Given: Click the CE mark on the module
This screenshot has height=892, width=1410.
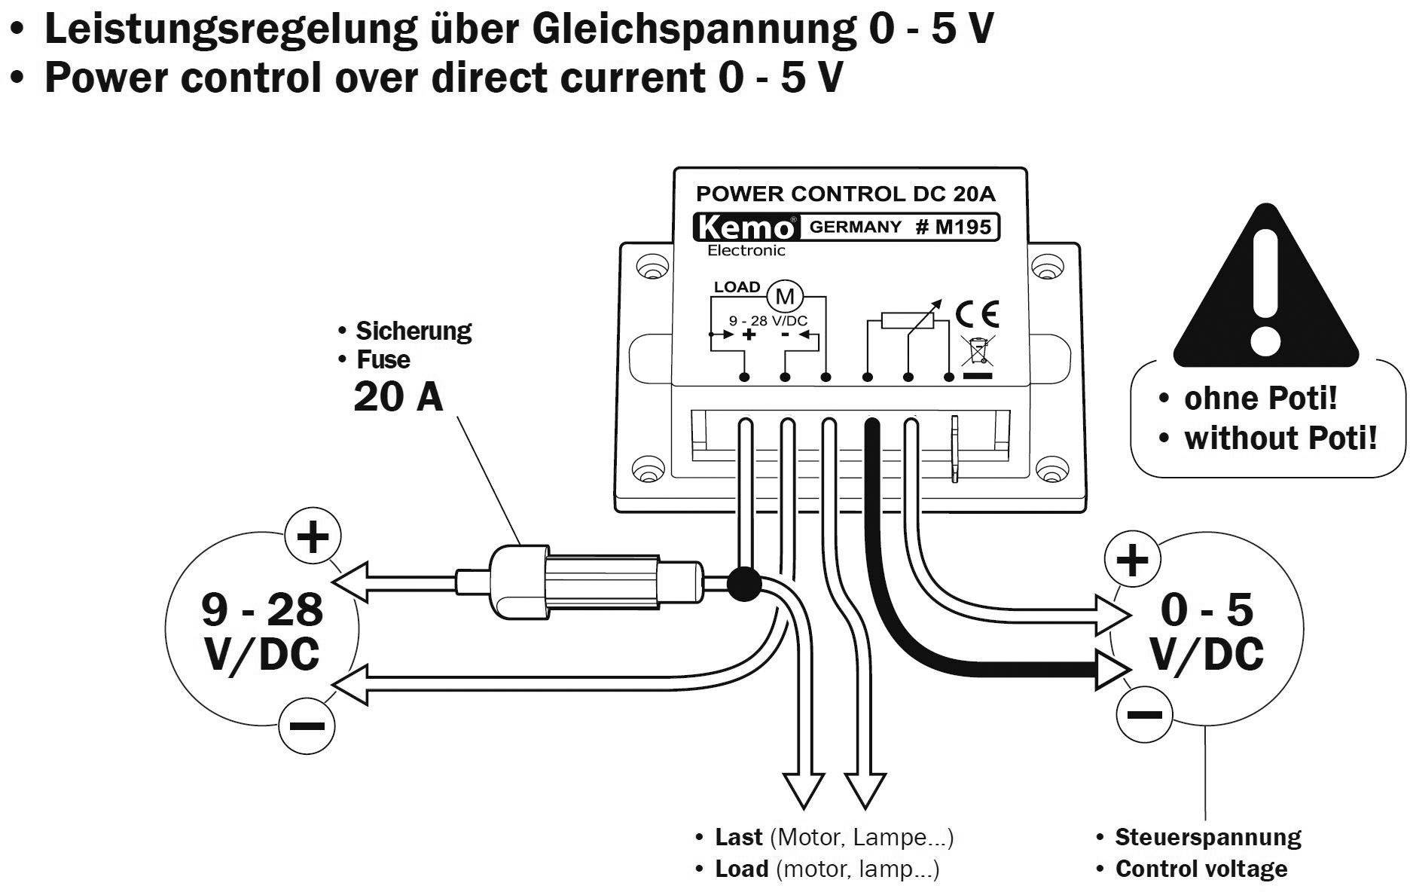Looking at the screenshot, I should pyautogui.click(x=977, y=313).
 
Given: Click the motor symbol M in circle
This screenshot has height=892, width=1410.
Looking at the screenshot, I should pyautogui.click(x=785, y=296).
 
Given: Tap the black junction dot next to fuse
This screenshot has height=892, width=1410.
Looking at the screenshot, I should pyautogui.click(x=744, y=585).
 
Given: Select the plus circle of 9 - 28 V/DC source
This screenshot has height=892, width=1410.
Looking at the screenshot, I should pyautogui.click(x=313, y=537).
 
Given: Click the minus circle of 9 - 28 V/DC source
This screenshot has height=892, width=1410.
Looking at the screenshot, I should pyautogui.click(x=307, y=726).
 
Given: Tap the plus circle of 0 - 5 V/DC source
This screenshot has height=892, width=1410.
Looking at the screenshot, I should pyautogui.click(x=1131, y=560).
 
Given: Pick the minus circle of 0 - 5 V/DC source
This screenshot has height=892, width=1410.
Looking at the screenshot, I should pyautogui.click(x=1144, y=714).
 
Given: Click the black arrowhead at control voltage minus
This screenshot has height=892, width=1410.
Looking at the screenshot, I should pyautogui.click(x=1111, y=670).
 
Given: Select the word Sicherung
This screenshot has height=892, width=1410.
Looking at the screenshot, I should pyautogui.click(x=414, y=331).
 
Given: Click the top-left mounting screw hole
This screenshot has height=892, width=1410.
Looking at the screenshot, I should pyautogui.click(x=648, y=267).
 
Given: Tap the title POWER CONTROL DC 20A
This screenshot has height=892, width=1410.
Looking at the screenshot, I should pyautogui.click(x=845, y=194).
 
